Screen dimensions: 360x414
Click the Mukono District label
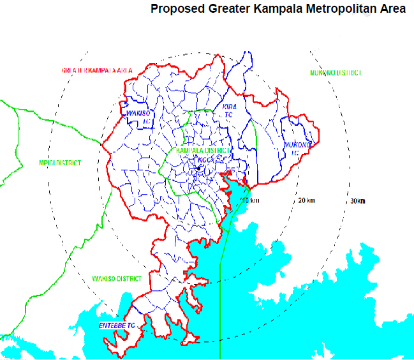(x=336, y=73)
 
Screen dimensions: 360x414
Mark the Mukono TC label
(x=295, y=149)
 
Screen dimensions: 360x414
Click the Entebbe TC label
(x=117, y=326)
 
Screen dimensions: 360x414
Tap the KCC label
(x=205, y=160)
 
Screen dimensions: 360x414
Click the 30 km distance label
(x=358, y=201)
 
